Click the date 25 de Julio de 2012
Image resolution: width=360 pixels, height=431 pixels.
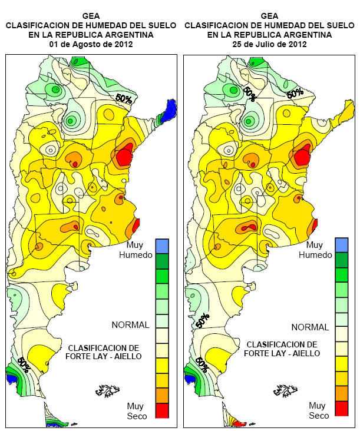point(269,44)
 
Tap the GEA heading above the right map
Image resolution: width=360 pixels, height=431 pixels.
point(269,16)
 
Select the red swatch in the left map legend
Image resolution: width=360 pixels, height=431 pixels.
point(162,410)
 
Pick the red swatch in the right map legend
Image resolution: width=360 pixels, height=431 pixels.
point(341,408)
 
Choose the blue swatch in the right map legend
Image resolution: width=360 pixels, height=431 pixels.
point(341,244)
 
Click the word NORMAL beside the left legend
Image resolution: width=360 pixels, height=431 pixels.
point(130,324)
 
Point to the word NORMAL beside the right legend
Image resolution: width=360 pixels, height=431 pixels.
point(309,327)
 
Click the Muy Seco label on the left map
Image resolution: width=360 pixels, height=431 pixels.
point(135,410)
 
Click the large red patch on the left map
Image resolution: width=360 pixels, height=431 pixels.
point(124,157)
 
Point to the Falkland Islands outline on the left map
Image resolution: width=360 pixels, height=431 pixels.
point(107,389)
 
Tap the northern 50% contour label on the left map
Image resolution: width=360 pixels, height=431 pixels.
point(123,98)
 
